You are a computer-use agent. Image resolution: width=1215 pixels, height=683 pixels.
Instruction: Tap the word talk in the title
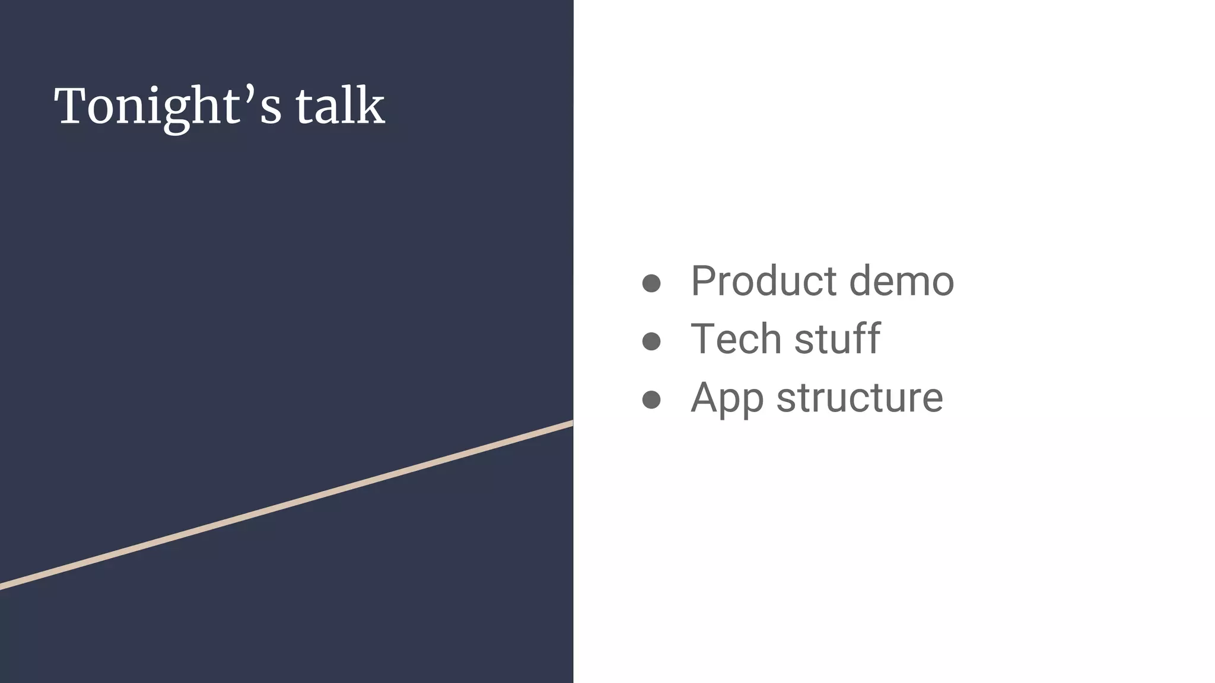pos(340,107)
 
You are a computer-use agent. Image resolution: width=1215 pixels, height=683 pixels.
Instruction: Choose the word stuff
pos(837,339)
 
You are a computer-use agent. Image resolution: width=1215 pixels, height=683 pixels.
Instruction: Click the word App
pos(727,398)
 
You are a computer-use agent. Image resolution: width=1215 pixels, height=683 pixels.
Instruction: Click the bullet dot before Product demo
pos(651,283)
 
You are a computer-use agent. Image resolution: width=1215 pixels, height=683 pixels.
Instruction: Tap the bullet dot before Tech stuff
pos(651,341)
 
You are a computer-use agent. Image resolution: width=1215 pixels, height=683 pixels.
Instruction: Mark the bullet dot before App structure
pos(651,400)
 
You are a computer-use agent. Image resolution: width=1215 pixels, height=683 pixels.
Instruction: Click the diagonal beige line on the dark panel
pos(287,505)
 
